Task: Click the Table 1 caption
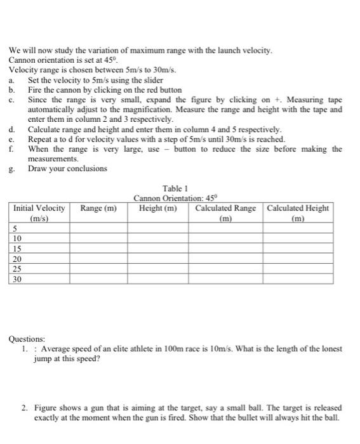175,189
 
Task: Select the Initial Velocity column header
39,212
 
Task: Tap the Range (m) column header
98,208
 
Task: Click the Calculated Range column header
225,212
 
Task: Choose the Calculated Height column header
298,212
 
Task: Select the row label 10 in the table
17,237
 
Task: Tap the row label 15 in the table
17,248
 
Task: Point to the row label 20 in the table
17,258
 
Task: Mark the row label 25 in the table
17,268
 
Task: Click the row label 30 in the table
17,278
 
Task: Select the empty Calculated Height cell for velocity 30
298,278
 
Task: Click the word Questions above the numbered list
27,339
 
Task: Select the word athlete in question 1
139,349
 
